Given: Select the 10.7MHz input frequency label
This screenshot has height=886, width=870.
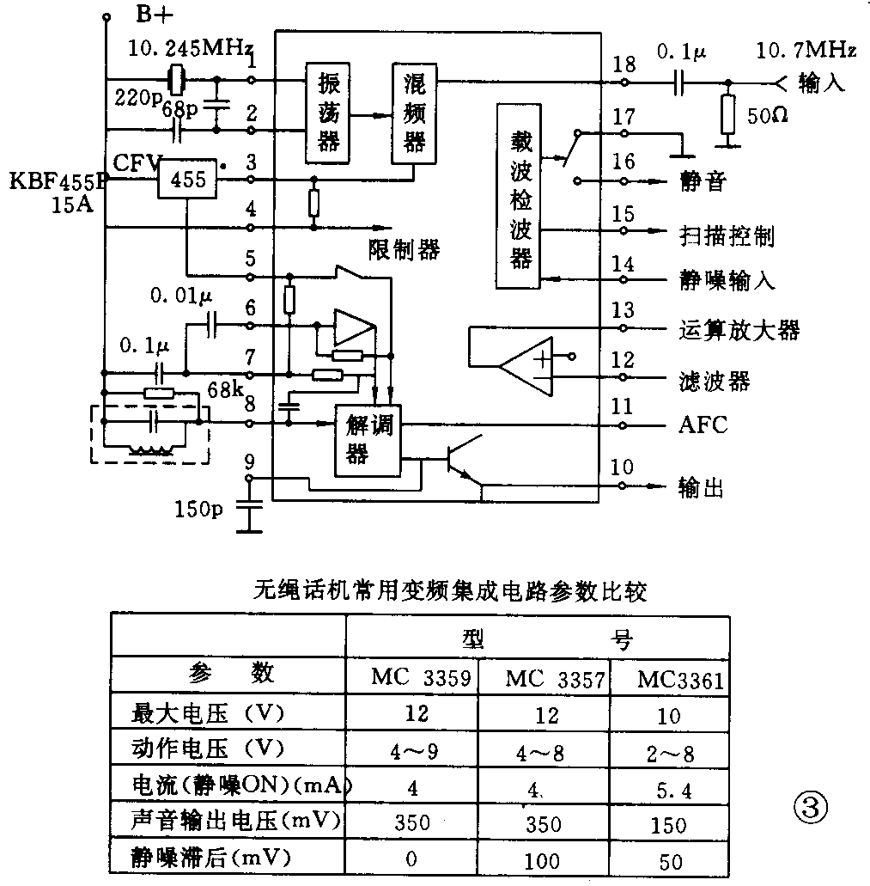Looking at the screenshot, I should tap(806, 52).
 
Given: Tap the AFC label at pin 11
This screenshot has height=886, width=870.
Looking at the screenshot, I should tap(702, 425).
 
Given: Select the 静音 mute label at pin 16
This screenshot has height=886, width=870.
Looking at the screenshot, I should tap(702, 181).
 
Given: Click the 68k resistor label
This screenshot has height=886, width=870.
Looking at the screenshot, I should tap(225, 388).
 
